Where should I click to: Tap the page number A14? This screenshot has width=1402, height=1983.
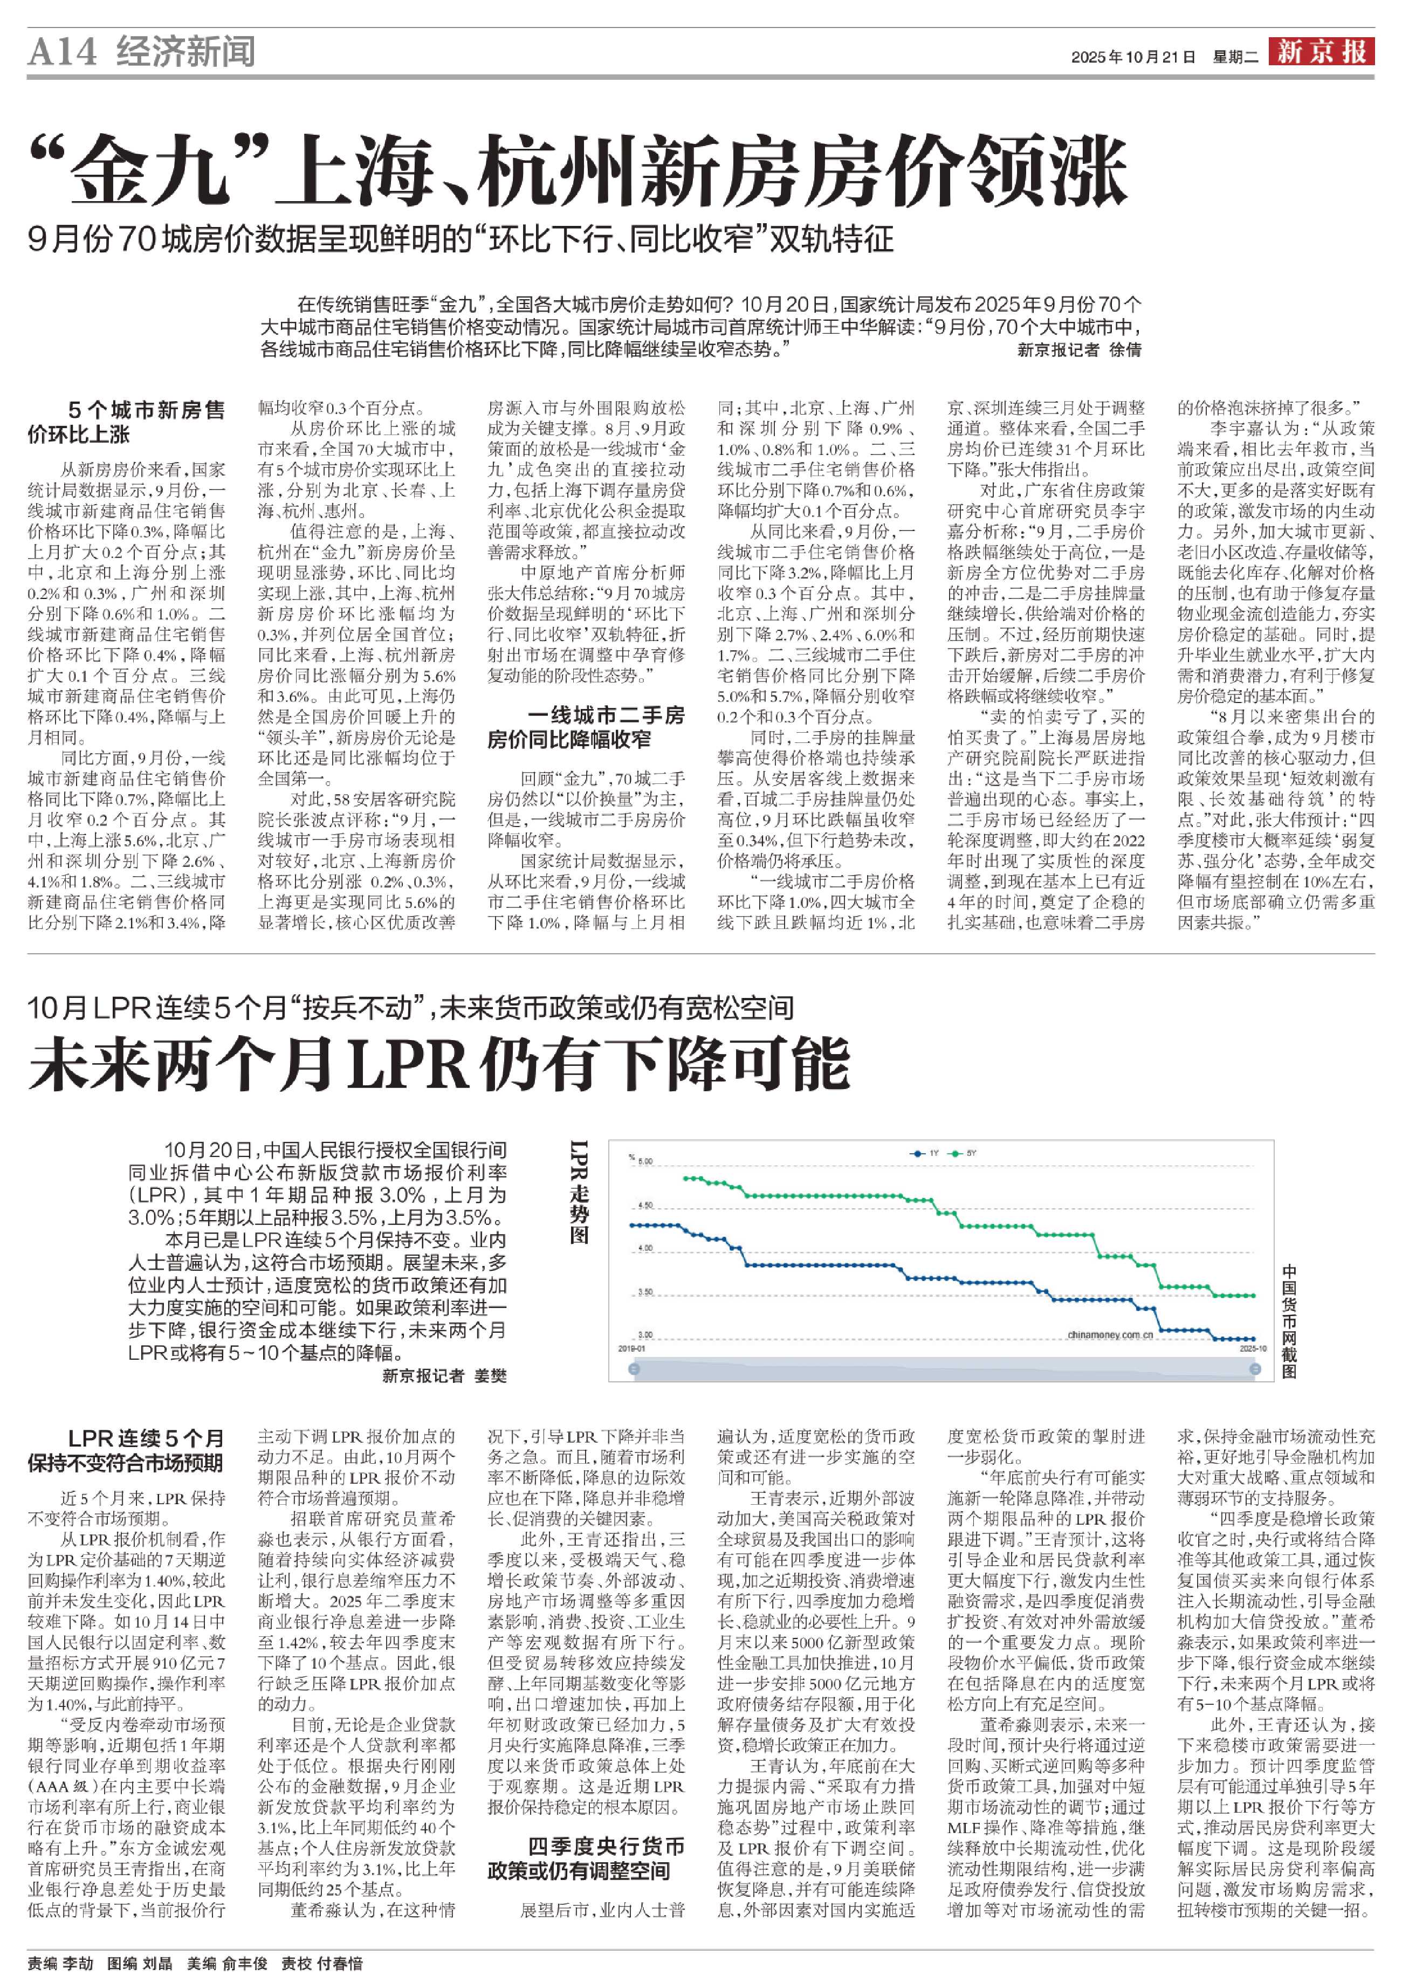click(62, 53)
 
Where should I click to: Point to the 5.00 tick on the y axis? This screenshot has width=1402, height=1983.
click(644, 1162)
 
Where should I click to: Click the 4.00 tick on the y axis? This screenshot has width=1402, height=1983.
click(644, 1249)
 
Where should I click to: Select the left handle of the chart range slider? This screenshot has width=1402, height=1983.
click(635, 1369)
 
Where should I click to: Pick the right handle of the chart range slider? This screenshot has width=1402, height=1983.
click(1255, 1369)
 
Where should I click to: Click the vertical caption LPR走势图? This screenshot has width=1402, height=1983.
click(579, 1192)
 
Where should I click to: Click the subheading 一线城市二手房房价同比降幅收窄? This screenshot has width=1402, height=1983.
click(586, 726)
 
